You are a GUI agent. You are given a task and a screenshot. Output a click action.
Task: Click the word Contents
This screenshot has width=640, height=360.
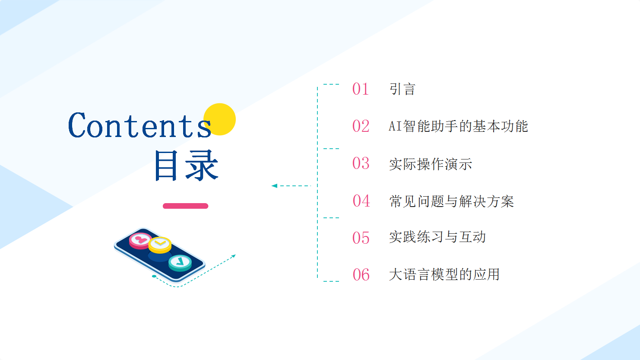(x=140, y=125)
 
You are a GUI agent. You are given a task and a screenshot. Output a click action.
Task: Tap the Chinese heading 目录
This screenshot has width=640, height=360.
(x=187, y=166)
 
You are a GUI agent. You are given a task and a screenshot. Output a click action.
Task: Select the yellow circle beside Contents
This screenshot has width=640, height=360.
(x=219, y=119)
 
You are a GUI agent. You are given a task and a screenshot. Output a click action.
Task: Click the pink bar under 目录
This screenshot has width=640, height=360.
(x=185, y=206)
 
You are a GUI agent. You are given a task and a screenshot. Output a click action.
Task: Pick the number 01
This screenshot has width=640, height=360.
(x=361, y=89)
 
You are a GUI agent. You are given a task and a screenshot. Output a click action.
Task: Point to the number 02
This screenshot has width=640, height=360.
(x=361, y=126)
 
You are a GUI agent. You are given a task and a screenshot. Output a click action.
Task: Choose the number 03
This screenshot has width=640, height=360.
(x=361, y=163)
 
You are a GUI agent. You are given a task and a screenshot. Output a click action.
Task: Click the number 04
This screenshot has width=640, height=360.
(x=361, y=201)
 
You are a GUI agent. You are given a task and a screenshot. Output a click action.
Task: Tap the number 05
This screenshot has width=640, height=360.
(x=361, y=238)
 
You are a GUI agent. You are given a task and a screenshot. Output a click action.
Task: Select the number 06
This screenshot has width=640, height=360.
(x=361, y=275)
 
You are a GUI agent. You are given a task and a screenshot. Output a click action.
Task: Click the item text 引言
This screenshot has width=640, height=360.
(x=402, y=89)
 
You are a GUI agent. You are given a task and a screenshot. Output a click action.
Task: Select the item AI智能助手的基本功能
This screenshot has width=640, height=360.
(x=458, y=126)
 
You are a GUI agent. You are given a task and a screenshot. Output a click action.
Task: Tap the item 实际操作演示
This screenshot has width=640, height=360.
(x=431, y=164)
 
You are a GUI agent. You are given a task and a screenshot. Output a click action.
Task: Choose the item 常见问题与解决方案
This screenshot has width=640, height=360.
(x=451, y=201)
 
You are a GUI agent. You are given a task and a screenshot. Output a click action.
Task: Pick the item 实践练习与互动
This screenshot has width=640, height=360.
(x=437, y=237)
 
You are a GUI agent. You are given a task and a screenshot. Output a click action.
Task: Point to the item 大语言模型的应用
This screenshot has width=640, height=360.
(x=444, y=274)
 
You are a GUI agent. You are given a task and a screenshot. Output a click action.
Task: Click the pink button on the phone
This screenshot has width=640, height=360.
(x=140, y=240)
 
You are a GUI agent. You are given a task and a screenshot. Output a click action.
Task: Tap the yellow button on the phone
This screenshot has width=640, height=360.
(x=160, y=245)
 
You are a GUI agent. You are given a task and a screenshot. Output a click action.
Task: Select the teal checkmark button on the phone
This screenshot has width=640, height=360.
(x=180, y=262)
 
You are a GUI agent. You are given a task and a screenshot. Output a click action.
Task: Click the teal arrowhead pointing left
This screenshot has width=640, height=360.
(x=274, y=186)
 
